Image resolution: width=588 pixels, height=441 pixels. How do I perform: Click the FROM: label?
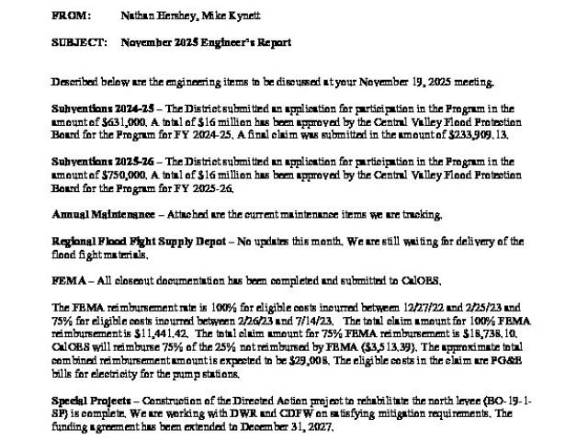pos(72,17)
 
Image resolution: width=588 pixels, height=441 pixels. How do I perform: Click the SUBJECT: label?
pos(79,44)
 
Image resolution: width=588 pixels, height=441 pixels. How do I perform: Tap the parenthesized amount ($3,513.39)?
pos(329,349)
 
